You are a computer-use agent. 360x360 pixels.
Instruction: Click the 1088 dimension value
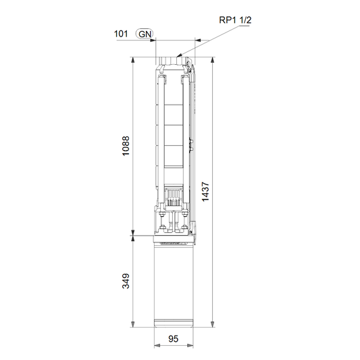[126, 146]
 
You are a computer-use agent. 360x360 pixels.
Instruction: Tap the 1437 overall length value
[205, 192]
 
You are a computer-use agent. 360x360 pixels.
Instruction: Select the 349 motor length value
[126, 281]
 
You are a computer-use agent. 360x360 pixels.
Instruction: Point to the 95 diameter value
[174, 338]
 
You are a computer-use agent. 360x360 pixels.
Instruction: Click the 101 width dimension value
[121, 34]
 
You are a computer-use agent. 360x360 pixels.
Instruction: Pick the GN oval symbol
[145, 34]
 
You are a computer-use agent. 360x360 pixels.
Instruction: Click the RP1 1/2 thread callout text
[235, 20]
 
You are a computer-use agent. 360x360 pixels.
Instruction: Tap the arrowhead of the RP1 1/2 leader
[179, 55]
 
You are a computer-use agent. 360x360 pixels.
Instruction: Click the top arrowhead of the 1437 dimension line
[213, 60]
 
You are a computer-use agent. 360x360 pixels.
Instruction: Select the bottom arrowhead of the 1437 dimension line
[213, 324]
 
